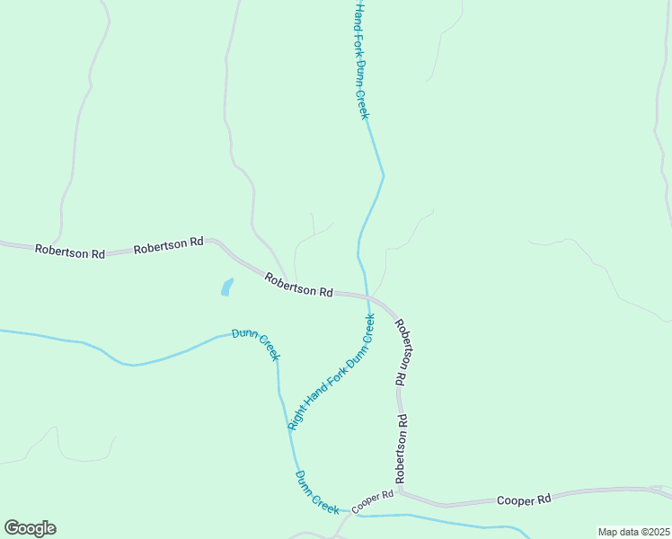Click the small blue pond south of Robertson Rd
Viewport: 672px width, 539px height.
(226, 287)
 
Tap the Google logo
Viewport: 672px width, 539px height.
(30, 528)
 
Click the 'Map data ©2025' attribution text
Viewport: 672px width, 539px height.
(633, 532)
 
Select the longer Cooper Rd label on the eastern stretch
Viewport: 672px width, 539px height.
(524, 499)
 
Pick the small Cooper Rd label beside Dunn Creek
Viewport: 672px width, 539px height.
(373, 501)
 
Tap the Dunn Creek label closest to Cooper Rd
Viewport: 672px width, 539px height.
(316, 492)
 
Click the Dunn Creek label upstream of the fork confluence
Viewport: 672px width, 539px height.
(256, 345)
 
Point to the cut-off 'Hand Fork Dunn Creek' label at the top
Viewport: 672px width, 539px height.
(360, 59)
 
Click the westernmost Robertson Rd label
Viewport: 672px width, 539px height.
(69, 252)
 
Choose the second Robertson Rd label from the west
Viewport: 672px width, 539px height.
(168, 245)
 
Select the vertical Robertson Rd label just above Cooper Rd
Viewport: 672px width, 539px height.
(402, 446)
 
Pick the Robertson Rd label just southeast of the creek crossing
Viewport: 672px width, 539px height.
(403, 351)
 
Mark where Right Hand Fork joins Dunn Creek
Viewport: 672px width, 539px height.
(289, 429)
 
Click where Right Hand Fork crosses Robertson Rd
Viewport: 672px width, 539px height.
(367, 296)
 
